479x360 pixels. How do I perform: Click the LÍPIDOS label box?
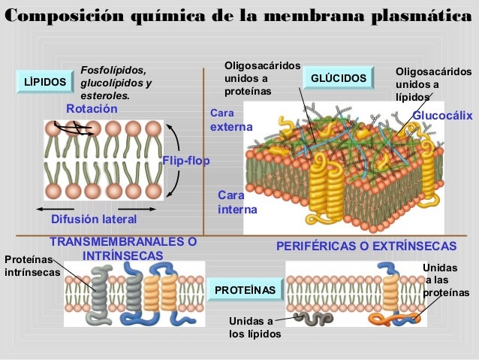click(x=44, y=81)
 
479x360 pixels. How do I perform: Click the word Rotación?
click(x=92, y=109)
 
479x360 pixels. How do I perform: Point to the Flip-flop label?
click(x=185, y=160)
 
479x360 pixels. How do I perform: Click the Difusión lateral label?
click(x=94, y=219)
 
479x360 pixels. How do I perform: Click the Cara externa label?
click(x=231, y=122)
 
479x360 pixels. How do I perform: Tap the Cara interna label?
click(x=236, y=202)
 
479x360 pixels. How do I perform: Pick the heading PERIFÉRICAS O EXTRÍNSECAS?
click(x=366, y=246)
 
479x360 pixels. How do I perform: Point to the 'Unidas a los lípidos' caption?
click(x=255, y=328)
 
